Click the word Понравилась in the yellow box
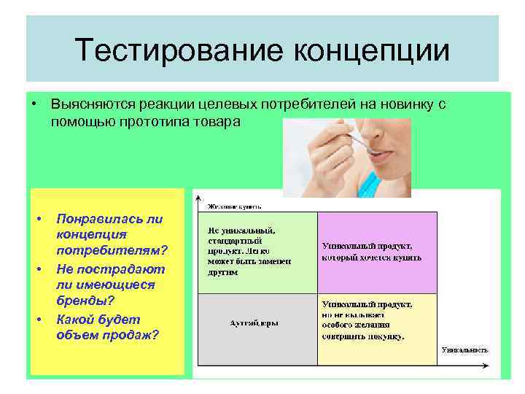pos(109,219)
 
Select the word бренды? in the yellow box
pos(82,301)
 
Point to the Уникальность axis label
pos(462,349)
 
